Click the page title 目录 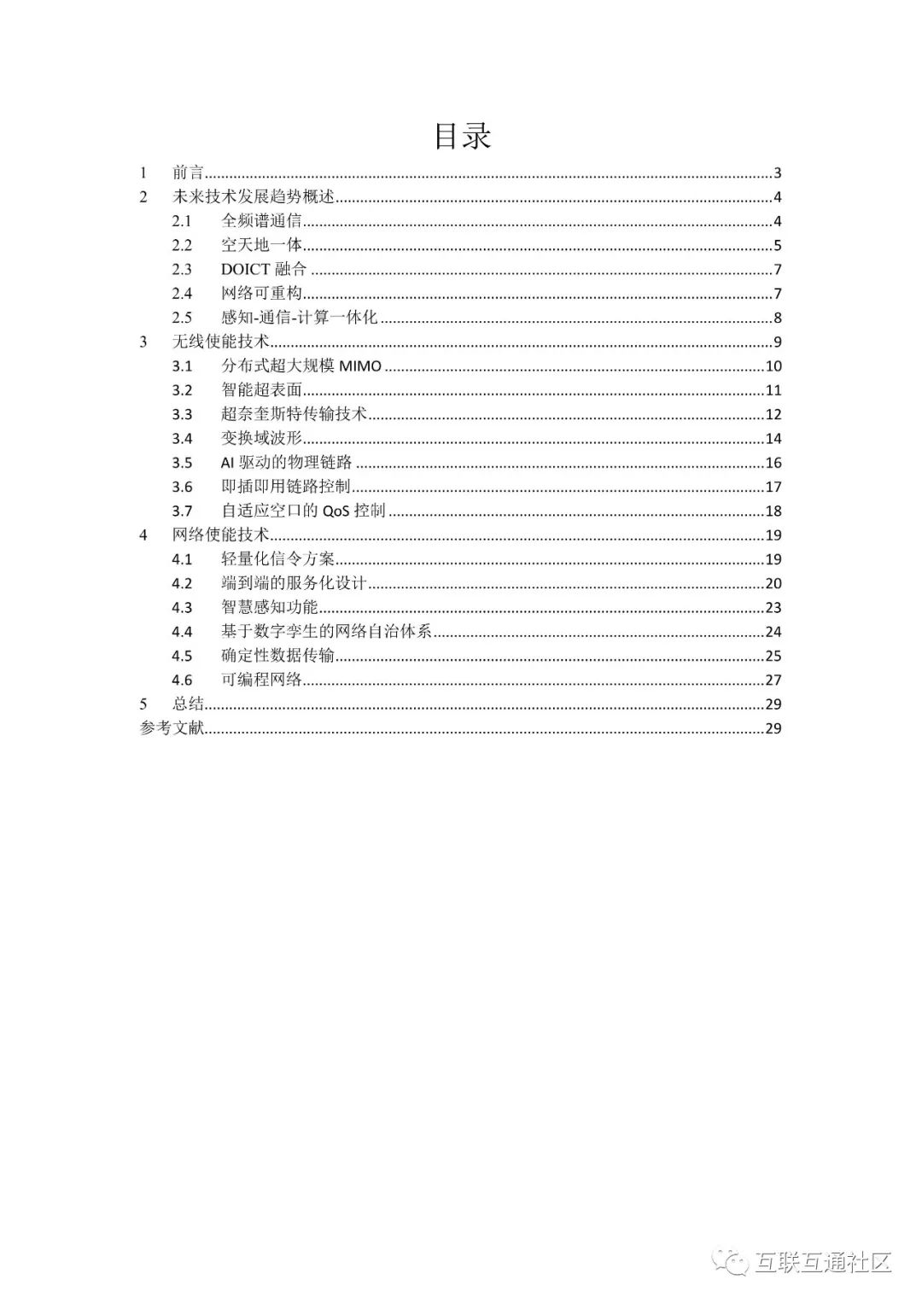coord(463,136)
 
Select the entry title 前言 coord(188,172)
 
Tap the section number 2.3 coord(182,270)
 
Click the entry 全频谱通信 coord(261,221)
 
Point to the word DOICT coord(246,270)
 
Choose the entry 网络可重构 coord(261,294)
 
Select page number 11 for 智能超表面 coord(773,390)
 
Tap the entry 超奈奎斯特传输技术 coord(294,414)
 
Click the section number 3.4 coord(182,439)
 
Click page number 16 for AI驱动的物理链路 coord(773,463)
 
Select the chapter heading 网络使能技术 coord(220,535)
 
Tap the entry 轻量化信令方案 coord(277,559)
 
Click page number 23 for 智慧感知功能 coord(773,608)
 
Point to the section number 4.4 coord(182,632)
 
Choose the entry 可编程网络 coord(261,681)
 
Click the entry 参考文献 coord(172,728)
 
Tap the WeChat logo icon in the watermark coord(732,1261)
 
